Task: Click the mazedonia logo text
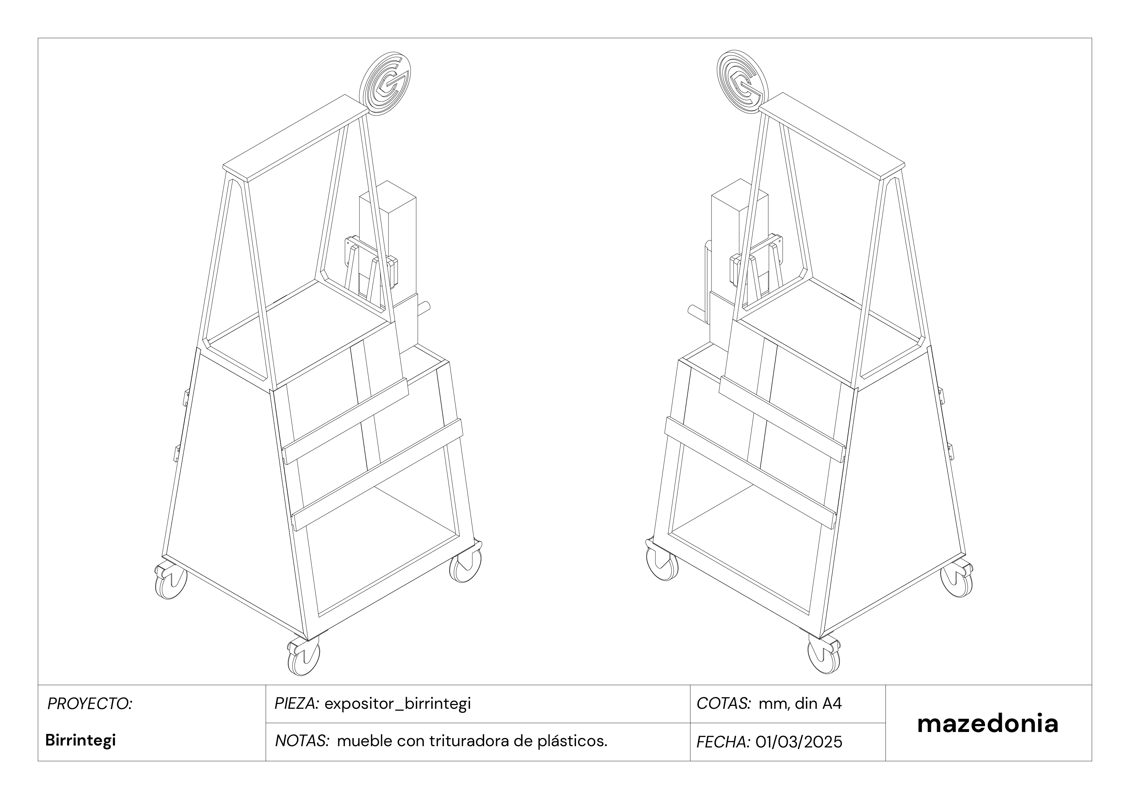click(x=987, y=724)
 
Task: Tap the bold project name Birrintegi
click(x=80, y=740)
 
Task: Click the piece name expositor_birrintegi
click(x=398, y=704)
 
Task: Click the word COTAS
click(x=723, y=704)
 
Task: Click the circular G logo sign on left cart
click(x=385, y=85)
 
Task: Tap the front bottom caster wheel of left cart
click(x=304, y=656)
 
